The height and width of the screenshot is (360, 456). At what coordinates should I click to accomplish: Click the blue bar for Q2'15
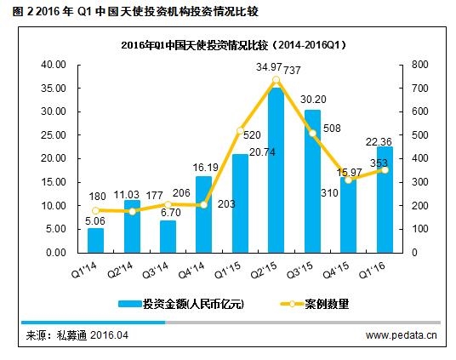pyautogui.click(x=276, y=170)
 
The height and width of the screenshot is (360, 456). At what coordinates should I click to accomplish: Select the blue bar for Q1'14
pyautogui.click(x=96, y=240)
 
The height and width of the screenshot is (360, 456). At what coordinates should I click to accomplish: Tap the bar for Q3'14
pyautogui.click(x=168, y=237)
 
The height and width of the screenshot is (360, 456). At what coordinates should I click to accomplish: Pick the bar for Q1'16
pyautogui.click(x=384, y=200)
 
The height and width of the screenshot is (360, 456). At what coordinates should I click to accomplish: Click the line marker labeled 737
pyautogui.click(x=276, y=80)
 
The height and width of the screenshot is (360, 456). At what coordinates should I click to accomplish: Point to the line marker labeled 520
pyautogui.click(x=240, y=131)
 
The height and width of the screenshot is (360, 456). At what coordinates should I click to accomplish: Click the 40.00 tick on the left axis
pyautogui.click(x=54, y=65)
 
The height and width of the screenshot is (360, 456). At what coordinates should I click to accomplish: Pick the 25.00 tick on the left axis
pyautogui.click(x=54, y=135)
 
